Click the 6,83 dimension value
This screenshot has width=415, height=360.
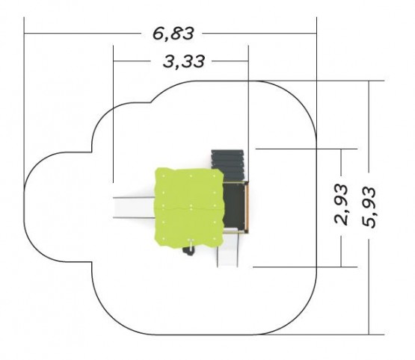coord(173,34)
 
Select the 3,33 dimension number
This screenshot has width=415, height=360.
coord(184,61)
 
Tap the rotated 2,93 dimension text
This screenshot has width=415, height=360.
coord(341,205)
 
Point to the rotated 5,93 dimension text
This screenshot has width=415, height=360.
coord(369,207)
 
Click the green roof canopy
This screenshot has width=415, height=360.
coord(189,207)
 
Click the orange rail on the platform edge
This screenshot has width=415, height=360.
coord(248,207)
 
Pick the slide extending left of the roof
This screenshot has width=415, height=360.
coord(134,208)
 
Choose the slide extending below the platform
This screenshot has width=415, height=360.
coord(227,249)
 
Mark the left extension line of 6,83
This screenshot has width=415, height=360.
coord(24,103)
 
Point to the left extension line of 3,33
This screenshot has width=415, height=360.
coord(113,114)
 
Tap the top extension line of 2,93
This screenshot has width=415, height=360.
coord(307,149)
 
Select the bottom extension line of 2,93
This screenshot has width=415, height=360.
coord(305,267)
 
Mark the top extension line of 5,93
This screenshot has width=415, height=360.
coord(322,81)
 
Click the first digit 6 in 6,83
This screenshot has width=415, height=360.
coord(159,34)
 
